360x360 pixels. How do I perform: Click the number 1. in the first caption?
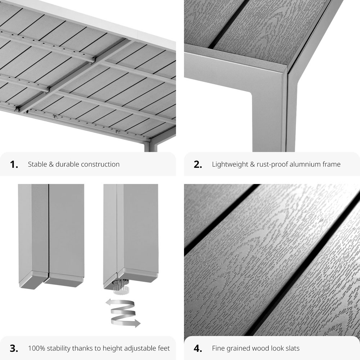click(14, 165)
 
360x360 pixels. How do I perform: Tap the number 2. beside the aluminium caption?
click(198, 165)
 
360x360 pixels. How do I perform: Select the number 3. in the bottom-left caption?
click(14, 348)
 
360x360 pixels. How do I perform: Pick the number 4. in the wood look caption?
click(198, 348)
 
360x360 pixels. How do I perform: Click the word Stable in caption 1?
click(37, 165)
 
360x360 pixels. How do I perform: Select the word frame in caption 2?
click(332, 165)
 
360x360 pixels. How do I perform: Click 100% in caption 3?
click(36, 348)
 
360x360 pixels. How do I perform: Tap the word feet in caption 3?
click(162, 348)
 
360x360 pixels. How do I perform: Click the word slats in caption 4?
click(291, 348)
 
